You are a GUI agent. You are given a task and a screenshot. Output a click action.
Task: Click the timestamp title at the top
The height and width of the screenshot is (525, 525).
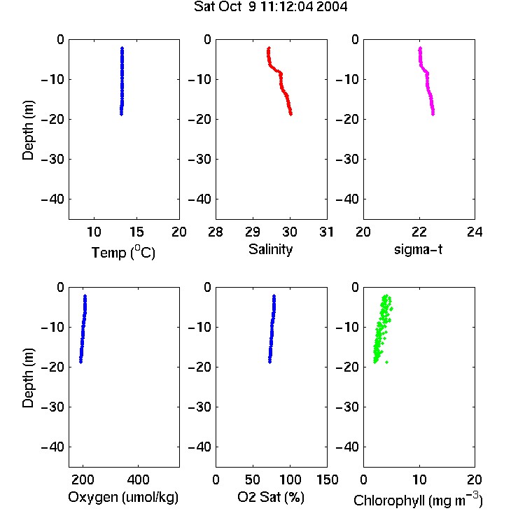point(270,7)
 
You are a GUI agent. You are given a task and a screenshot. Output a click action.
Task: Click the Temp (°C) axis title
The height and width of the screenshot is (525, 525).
point(123,252)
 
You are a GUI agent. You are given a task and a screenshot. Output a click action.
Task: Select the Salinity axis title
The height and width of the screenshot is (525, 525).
point(270,249)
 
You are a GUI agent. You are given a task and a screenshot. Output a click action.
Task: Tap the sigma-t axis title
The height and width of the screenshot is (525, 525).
point(418,249)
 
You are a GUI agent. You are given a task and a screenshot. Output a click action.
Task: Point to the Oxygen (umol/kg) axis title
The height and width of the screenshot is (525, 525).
point(123,497)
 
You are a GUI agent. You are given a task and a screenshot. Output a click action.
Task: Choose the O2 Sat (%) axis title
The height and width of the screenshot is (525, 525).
point(271,497)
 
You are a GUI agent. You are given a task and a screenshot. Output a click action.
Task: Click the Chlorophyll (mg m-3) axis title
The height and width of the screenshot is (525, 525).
point(418,500)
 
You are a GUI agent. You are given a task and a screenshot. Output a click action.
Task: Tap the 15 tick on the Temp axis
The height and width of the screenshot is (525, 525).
point(136,232)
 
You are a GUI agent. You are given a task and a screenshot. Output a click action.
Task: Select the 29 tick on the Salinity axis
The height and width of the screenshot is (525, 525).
point(253,232)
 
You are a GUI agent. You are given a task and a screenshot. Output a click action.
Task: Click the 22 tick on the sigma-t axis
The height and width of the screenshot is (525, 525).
point(419,232)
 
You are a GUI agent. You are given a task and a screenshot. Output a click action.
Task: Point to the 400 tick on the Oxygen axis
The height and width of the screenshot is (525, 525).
point(138,479)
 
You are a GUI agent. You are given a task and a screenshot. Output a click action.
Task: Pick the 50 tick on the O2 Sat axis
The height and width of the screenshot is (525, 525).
point(253,479)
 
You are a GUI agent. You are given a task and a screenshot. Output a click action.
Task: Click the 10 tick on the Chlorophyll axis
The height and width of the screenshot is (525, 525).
point(419,479)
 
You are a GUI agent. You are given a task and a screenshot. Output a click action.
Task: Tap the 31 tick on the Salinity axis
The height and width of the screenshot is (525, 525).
point(326,232)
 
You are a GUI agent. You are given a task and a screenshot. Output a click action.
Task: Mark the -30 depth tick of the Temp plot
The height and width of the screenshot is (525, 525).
point(52,160)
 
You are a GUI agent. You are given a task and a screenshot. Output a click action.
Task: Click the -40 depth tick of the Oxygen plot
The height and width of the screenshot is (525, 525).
point(52,447)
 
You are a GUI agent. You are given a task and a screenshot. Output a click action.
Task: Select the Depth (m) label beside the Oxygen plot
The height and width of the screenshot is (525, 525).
point(28,378)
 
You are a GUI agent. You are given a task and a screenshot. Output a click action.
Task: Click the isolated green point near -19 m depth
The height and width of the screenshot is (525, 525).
point(386,362)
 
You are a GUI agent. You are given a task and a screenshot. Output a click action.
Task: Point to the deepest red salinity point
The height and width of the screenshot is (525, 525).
point(290,114)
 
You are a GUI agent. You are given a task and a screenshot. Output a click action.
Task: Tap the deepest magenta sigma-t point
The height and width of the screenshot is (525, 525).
point(433,114)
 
